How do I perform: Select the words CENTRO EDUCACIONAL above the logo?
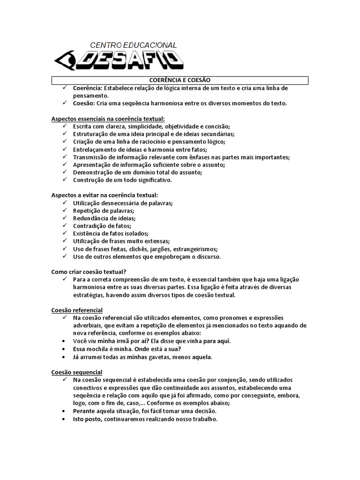click(x=133, y=45)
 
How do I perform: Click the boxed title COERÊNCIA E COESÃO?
click(x=180, y=81)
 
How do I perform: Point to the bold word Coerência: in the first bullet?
click(x=88, y=88)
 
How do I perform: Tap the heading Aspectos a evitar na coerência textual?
click(x=105, y=195)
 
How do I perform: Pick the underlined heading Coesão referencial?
click(x=77, y=310)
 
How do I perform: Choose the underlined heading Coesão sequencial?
click(x=76, y=372)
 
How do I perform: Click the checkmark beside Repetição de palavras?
click(x=65, y=210)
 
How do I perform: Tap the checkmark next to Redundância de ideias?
click(x=65, y=218)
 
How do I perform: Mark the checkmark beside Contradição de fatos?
click(x=65, y=226)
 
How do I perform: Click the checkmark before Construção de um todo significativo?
click(x=65, y=180)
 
